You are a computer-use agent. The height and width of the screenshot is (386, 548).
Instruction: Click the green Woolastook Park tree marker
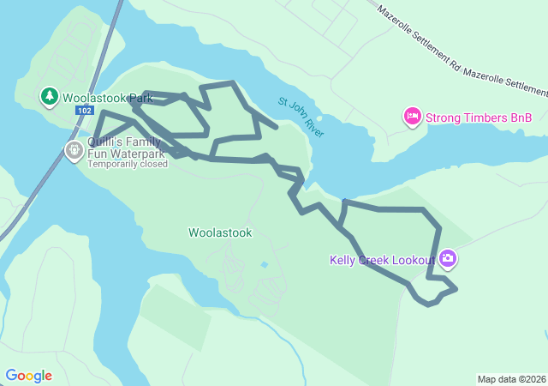49,96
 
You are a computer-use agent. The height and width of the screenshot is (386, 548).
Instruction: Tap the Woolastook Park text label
107,98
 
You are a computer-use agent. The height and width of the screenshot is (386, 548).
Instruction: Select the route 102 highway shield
84,111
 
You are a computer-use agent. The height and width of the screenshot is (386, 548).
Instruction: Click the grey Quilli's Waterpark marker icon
74,151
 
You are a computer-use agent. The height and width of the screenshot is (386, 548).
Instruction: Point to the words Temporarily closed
128,164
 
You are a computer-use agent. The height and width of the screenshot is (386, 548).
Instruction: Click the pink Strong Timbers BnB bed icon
412,117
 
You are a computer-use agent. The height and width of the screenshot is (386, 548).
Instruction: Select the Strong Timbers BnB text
479,118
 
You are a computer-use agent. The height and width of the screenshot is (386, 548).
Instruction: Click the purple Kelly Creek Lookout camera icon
448,258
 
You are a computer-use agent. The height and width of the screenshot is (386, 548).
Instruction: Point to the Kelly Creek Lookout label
382,260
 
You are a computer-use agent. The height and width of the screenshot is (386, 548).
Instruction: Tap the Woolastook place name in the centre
220,232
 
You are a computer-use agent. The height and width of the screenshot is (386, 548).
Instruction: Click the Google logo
28,376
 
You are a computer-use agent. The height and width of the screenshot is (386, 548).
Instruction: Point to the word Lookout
414,260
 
